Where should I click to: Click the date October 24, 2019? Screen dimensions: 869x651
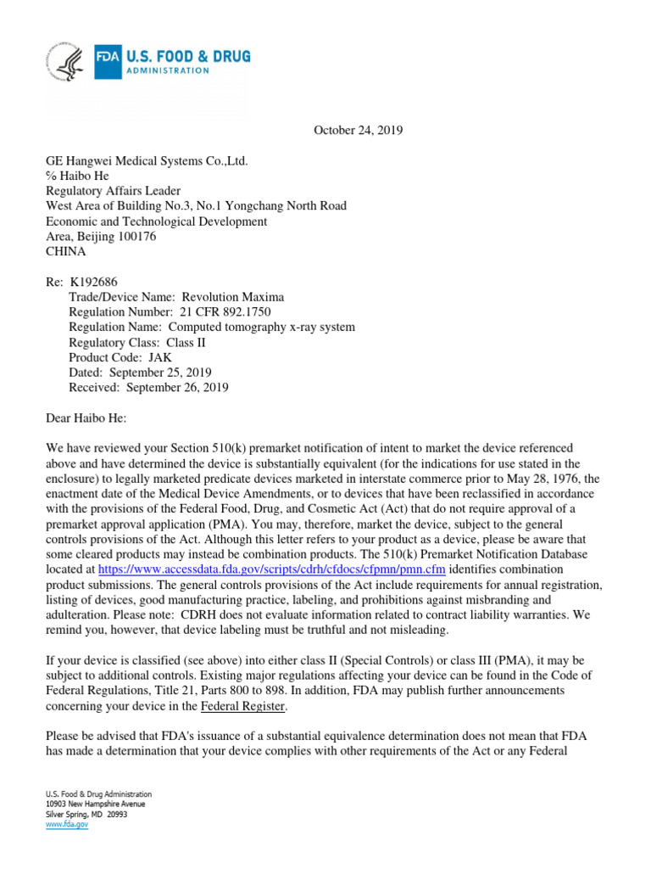tap(359, 130)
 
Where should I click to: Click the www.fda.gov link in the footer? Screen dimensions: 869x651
tap(67, 824)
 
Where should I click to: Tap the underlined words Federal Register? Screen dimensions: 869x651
tap(243, 706)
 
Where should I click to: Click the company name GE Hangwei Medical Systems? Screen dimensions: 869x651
tap(147, 160)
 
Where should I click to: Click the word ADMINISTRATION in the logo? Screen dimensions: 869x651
tap(166, 71)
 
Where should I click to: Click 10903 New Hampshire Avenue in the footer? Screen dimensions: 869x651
tap(95, 804)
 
